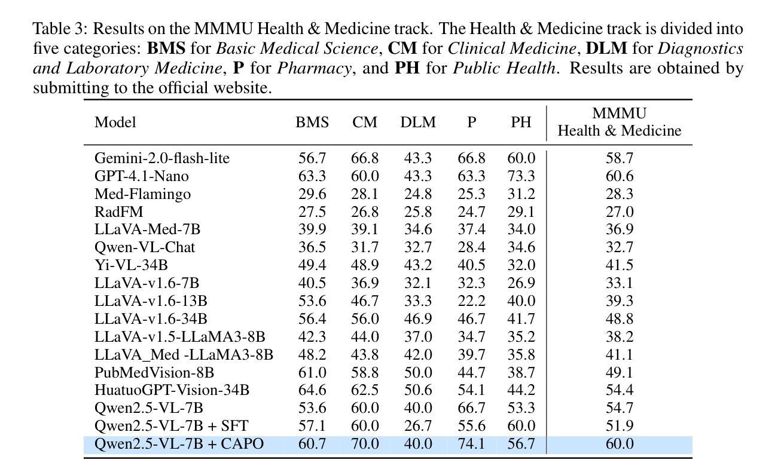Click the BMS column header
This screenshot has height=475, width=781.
click(x=312, y=122)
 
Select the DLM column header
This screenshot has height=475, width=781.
click(x=418, y=122)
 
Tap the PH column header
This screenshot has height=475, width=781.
click(x=521, y=122)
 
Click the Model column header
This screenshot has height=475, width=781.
click(x=115, y=122)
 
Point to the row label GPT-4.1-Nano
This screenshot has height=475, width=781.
click(x=142, y=176)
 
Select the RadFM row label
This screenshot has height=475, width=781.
click(x=118, y=212)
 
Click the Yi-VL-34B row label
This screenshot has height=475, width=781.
click(x=131, y=265)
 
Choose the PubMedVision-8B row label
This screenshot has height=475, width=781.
click(x=154, y=373)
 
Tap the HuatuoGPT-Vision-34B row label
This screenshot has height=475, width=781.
click(x=172, y=390)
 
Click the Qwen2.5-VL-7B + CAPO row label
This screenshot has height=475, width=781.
click(x=179, y=444)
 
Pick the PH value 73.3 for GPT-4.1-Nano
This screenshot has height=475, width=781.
click(x=521, y=176)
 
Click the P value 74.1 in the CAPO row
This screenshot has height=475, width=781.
click(x=471, y=444)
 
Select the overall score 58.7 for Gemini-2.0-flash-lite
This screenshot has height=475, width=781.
click(x=619, y=158)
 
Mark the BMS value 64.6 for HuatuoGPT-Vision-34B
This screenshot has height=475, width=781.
click(x=312, y=390)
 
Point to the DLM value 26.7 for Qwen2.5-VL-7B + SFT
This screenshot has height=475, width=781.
click(x=418, y=425)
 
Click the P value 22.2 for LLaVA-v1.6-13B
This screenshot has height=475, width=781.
click(x=471, y=301)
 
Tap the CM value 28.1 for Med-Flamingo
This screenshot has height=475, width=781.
click(x=365, y=194)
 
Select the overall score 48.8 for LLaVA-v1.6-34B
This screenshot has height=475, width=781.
click(x=619, y=318)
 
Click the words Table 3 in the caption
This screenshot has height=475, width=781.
click(x=59, y=29)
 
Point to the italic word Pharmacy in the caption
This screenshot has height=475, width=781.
click(x=314, y=68)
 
